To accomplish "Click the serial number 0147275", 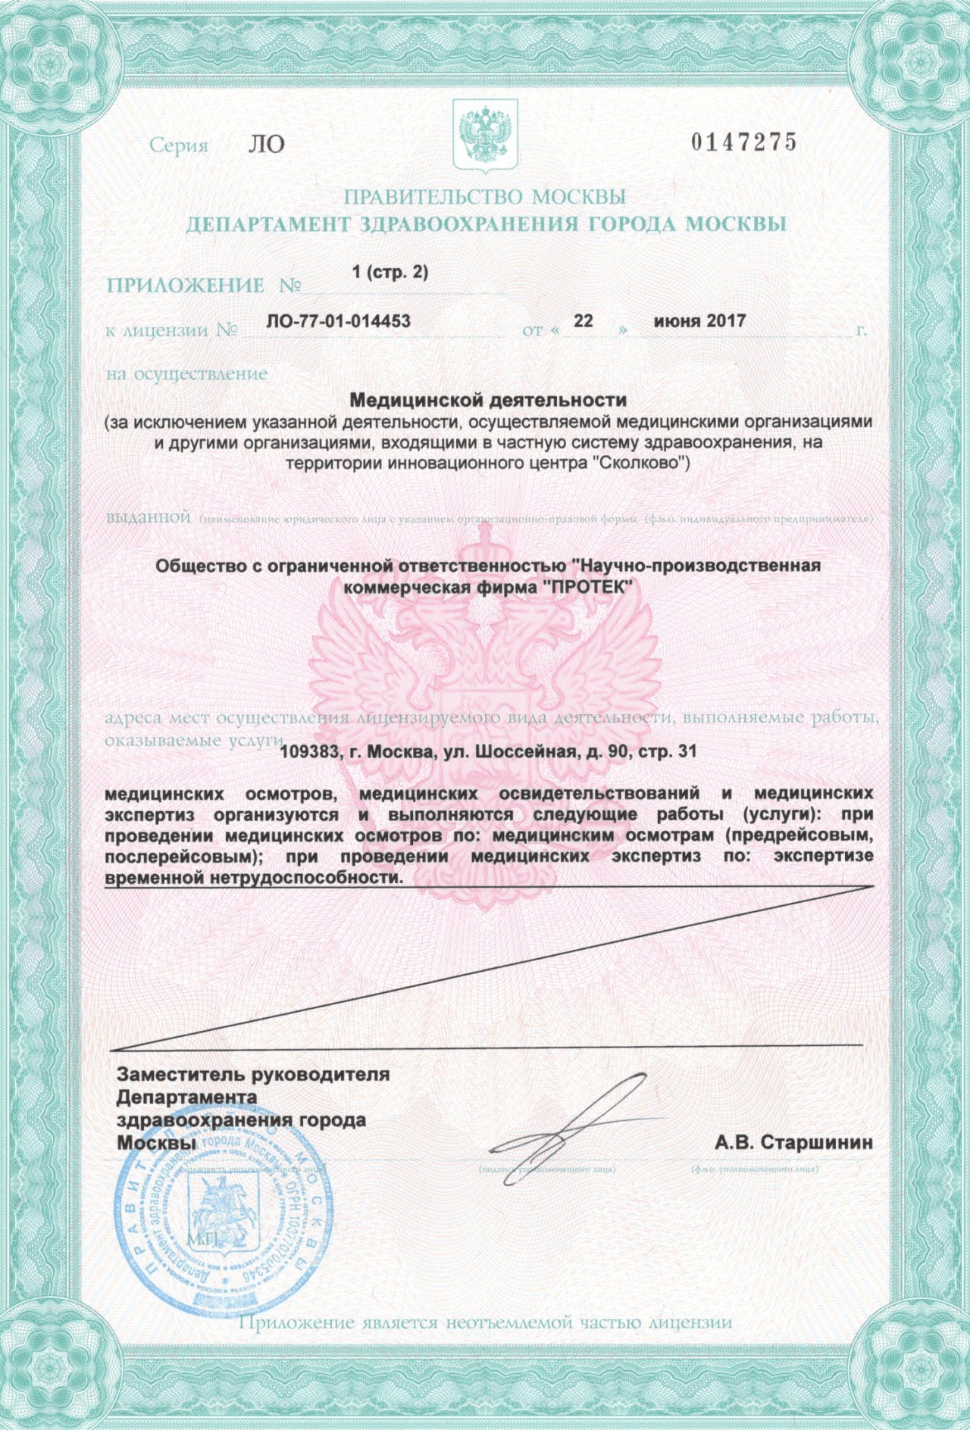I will tap(743, 142).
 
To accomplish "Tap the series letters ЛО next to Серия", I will tap(266, 145).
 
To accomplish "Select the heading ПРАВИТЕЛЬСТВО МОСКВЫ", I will tap(485, 197).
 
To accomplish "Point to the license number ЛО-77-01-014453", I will tap(339, 321).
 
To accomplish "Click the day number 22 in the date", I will tap(583, 321).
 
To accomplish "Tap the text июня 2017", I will tap(699, 321).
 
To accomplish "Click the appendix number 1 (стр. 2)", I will tap(390, 273).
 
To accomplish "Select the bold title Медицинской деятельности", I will tap(488, 399).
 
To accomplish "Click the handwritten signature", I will tap(576, 1121).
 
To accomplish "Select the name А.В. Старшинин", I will tap(793, 1142).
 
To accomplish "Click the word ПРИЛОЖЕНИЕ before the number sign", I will tap(186, 286).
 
